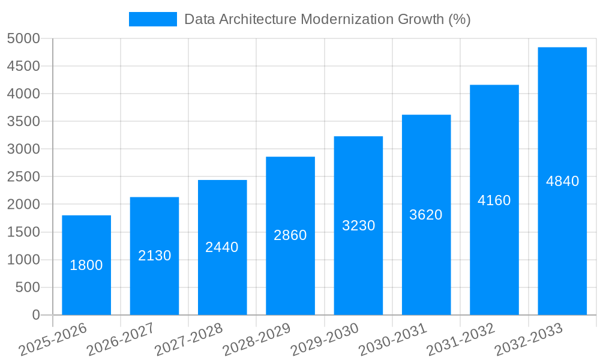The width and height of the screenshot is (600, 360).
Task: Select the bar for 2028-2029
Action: point(290,198)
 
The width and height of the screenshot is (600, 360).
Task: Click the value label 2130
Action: point(155,256)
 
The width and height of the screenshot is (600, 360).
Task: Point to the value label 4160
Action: point(494,200)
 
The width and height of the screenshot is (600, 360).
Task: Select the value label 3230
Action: point(358,226)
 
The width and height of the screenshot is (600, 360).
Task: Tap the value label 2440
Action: point(222,247)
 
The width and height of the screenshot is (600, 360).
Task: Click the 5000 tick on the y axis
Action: point(23,39)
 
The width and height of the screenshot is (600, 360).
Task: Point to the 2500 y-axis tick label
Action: point(23,177)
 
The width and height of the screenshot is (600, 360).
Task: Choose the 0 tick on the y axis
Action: point(36,315)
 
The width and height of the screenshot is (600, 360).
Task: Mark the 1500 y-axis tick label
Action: point(23,232)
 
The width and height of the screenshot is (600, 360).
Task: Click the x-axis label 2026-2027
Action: point(121,340)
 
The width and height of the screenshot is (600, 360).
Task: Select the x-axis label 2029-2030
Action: point(325,340)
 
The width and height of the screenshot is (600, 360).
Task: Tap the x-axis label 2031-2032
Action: point(461,340)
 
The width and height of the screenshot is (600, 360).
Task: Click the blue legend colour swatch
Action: point(153,19)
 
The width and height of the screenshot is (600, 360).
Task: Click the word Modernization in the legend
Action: point(347,19)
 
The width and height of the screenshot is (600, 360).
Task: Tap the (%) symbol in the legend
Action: point(459,19)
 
